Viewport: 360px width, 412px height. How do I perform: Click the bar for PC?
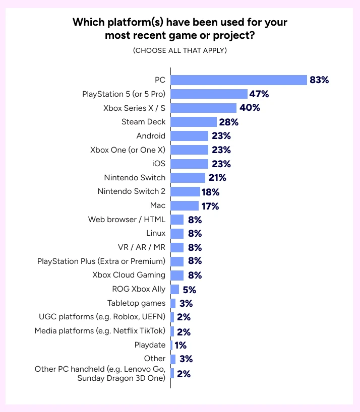click(x=239, y=80)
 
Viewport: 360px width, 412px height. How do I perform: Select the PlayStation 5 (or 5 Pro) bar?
click(x=209, y=94)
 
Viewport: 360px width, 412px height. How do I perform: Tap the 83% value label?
click(x=319, y=80)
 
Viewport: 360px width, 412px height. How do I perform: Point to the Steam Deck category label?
click(x=143, y=122)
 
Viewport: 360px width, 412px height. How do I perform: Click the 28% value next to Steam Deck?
click(x=228, y=122)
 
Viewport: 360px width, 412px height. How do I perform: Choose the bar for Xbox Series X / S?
click(x=204, y=108)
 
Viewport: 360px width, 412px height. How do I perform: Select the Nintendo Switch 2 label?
click(x=132, y=191)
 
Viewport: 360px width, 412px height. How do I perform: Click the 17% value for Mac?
click(x=210, y=205)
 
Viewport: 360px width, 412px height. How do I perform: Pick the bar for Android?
click(x=190, y=136)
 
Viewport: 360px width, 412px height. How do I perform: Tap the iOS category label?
click(x=158, y=164)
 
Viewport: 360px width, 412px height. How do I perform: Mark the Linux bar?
click(x=177, y=233)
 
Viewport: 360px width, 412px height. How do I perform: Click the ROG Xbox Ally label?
click(x=139, y=289)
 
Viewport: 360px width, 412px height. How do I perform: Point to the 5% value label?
click(x=189, y=289)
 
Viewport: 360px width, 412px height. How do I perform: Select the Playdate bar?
click(x=172, y=345)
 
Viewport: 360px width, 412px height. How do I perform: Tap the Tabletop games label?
click(x=136, y=303)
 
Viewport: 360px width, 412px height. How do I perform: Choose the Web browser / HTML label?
click(x=127, y=220)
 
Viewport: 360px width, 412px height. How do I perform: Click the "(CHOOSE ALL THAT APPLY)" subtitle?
click(x=180, y=50)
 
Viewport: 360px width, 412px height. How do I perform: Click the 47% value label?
click(x=259, y=94)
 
